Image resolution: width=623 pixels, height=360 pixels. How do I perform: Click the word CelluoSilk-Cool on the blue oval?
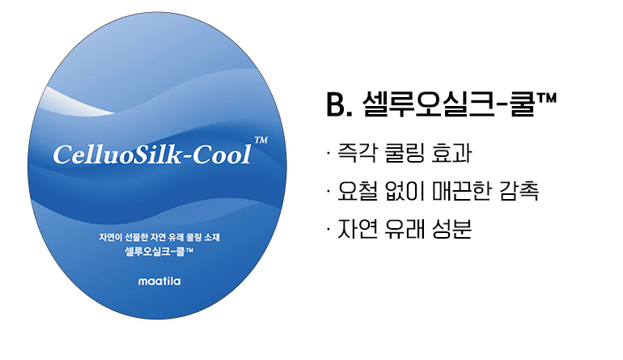click(151, 154)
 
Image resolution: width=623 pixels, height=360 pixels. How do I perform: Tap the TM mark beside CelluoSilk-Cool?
click(261, 140)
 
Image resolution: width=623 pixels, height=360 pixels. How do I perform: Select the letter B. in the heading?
click(336, 104)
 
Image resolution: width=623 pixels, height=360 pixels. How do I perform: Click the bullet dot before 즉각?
click(325, 152)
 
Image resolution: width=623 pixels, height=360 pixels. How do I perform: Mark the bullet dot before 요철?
click(325, 192)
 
